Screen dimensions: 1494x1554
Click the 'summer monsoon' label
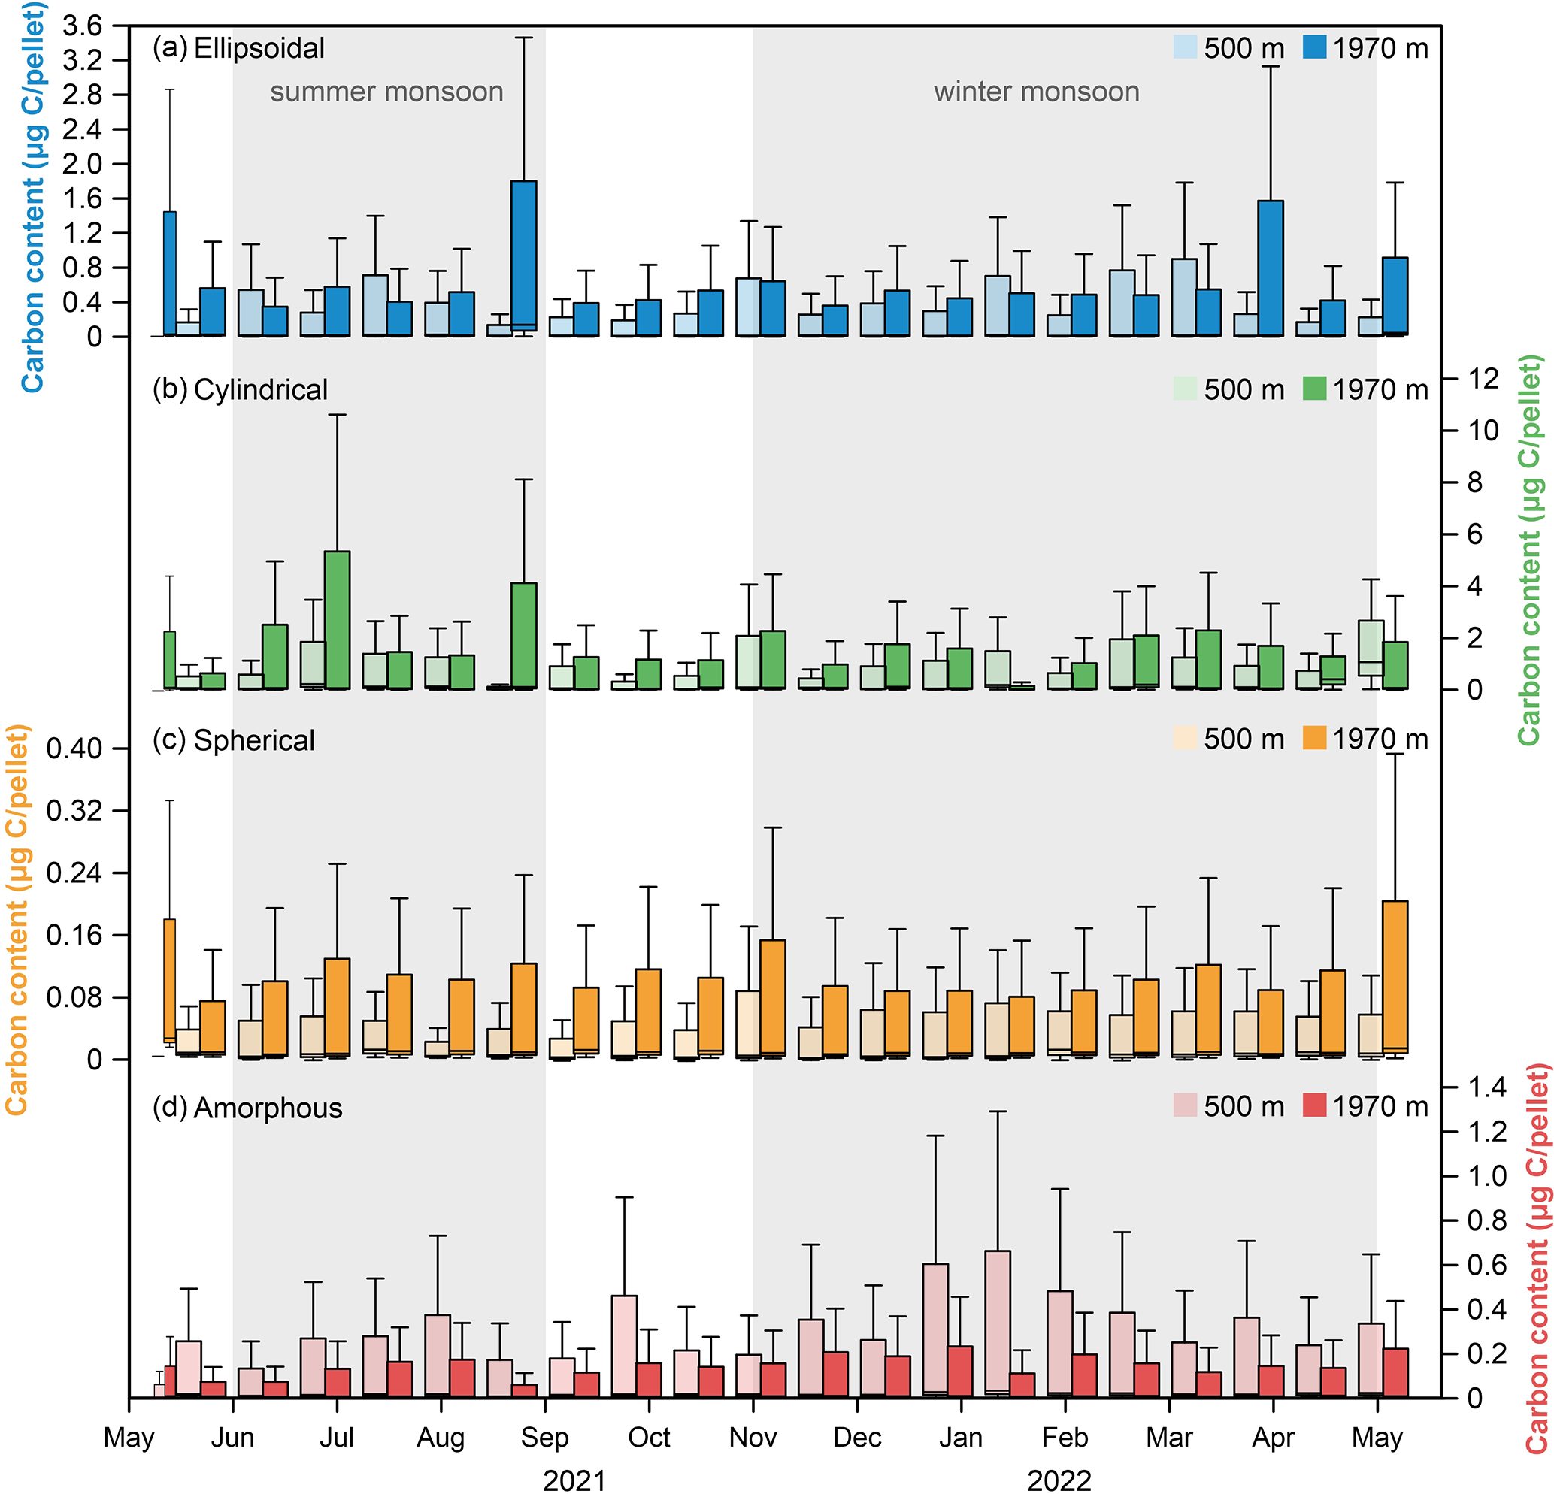[386, 92]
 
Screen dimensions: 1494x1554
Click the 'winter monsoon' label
[1036, 92]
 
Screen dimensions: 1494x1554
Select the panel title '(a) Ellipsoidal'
[238, 48]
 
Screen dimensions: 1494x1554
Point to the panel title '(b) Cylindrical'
[241, 389]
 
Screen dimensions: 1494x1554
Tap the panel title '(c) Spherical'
[234, 739]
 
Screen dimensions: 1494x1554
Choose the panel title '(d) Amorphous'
[247, 1107]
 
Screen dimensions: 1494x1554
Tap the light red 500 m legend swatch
[1186, 1105]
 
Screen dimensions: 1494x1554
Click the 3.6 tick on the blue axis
[83, 26]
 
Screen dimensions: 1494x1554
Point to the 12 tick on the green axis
[1483, 379]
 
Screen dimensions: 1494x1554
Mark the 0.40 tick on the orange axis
[74, 749]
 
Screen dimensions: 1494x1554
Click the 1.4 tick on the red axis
[1487, 1087]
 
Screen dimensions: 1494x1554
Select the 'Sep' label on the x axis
[545, 1415]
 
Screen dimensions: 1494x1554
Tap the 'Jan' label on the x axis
[961, 1415]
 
